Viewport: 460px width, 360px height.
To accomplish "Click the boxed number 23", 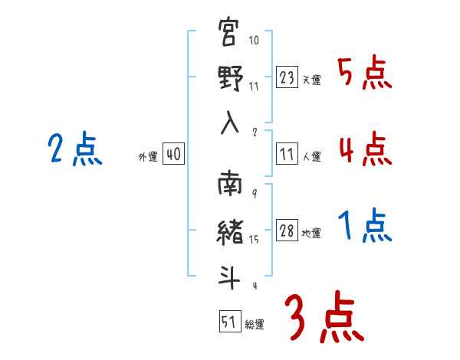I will point(287,77).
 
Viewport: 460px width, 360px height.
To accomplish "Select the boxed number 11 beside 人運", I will point(287,154).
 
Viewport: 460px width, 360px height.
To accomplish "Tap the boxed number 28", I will point(287,231).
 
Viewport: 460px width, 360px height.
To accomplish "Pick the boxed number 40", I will point(172,154).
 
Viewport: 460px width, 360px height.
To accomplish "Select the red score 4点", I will point(365,149).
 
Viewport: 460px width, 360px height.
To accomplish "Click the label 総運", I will point(254,325).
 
